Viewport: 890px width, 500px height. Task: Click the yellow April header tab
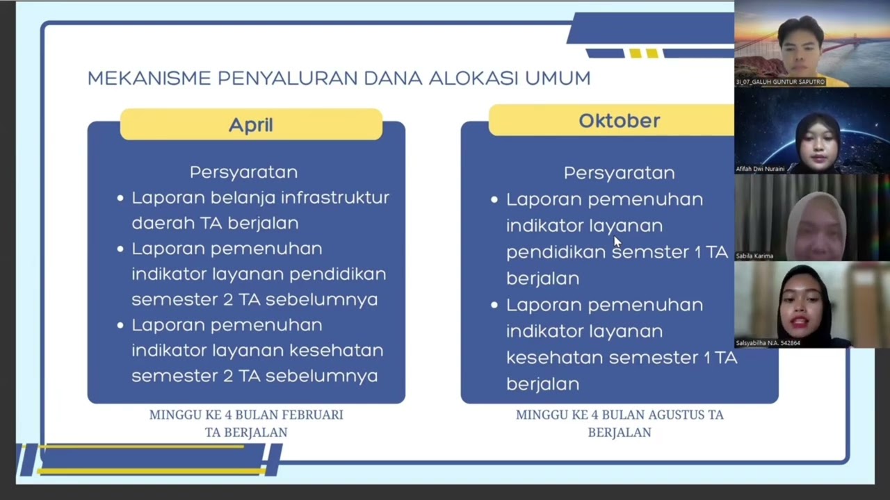click(x=251, y=125)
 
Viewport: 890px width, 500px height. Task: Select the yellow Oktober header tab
click(x=619, y=121)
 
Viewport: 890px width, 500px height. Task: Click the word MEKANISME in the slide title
click(x=149, y=78)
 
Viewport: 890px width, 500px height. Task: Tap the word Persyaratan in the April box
click(x=243, y=172)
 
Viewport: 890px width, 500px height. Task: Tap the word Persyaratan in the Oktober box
click(x=619, y=173)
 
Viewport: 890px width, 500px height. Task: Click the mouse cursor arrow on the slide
click(x=616, y=240)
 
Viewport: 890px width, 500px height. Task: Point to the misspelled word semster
click(x=651, y=252)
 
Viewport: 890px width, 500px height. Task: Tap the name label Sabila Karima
click(x=754, y=256)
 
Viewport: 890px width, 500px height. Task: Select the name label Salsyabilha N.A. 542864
click(x=768, y=343)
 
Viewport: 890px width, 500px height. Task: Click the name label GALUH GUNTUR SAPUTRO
click(x=780, y=82)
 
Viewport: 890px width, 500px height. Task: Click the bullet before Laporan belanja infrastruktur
click(x=120, y=199)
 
